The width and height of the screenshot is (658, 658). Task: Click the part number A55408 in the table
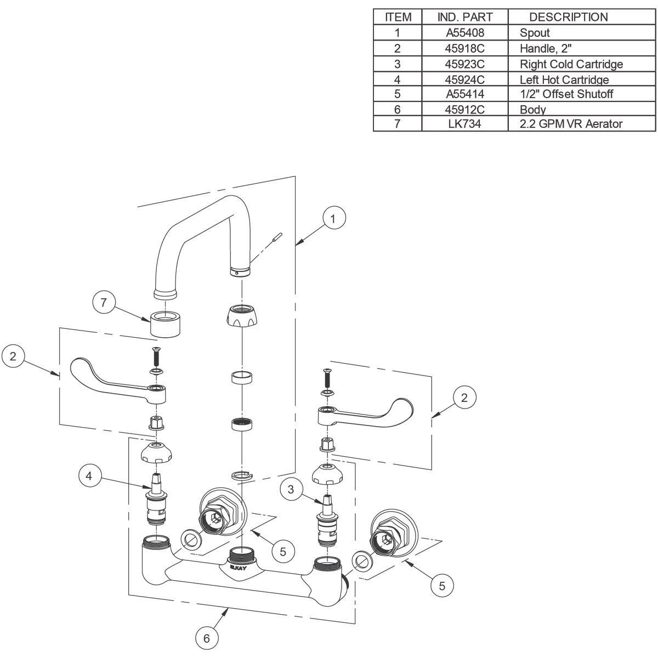click(464, 32)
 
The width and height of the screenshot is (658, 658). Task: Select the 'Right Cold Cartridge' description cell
click(571, 64)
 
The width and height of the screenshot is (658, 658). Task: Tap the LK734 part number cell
click(464, 124)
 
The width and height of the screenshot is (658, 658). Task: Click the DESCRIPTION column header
click(568, 17)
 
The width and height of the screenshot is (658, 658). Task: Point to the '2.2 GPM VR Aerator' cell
click(571, 124)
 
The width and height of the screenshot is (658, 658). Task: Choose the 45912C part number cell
click(464, 109)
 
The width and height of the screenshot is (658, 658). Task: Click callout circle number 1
click(333, 218)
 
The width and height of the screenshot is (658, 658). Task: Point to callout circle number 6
click(207, 638)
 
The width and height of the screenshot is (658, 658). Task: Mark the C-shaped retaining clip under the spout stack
click(240, 475)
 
